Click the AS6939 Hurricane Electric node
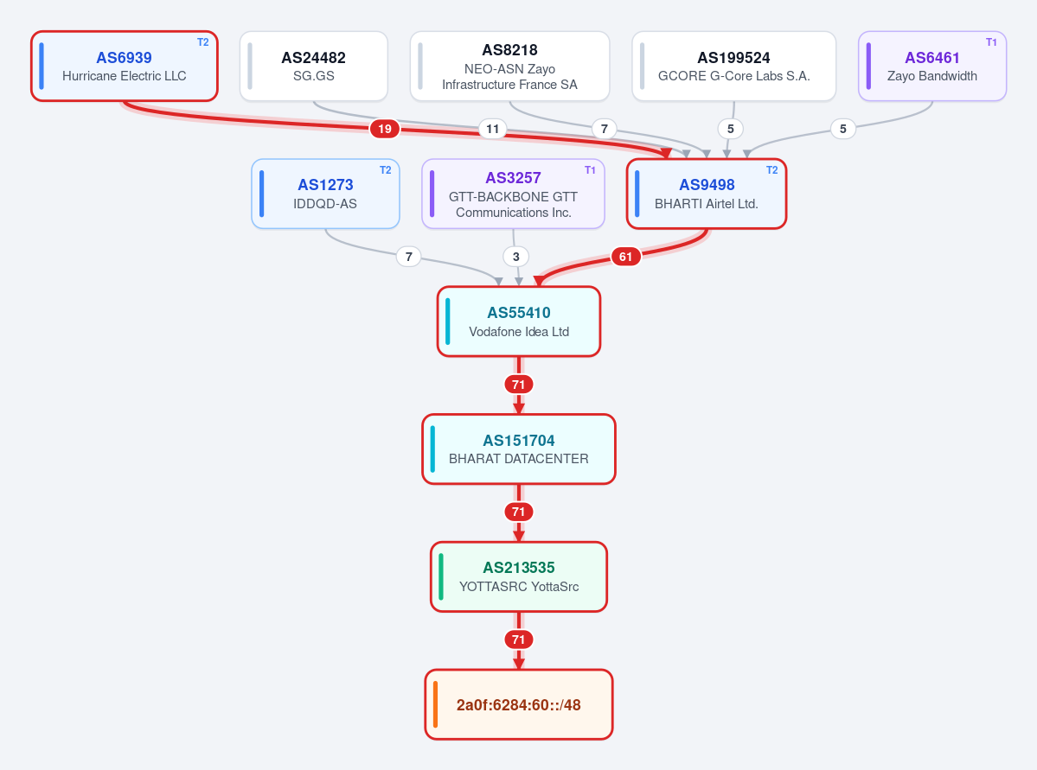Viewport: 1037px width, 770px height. click(125, 66)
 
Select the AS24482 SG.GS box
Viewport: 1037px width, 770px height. click(313, 66)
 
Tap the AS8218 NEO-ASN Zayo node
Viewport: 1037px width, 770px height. click(509, 66)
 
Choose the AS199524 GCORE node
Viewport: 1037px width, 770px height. click(733, 66)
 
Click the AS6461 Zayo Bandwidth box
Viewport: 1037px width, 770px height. click(931, 66)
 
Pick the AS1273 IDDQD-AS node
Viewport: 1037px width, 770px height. click(325, 194)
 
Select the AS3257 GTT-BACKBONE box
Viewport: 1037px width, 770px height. click(513, 194)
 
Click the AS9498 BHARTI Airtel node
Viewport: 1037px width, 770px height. click(707, 194)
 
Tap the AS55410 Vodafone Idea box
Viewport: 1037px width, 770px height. click(519, 321)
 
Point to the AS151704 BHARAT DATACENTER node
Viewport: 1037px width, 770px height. click(519, 449)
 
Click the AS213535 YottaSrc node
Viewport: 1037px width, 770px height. click(519, 576)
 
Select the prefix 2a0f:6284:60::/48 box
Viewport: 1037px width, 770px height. click(519, 704)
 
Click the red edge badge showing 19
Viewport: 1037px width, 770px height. click(385, 129)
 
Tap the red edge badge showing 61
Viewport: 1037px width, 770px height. click(625, 257)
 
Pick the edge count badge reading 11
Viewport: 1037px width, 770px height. click(493, 129)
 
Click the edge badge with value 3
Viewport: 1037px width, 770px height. click(515, 257)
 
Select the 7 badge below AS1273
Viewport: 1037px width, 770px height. click(409, 257)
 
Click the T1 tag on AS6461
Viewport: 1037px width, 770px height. click(991, 42)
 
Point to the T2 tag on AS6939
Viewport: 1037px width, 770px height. click(203, 42)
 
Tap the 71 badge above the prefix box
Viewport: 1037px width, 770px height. click(519, 640)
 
